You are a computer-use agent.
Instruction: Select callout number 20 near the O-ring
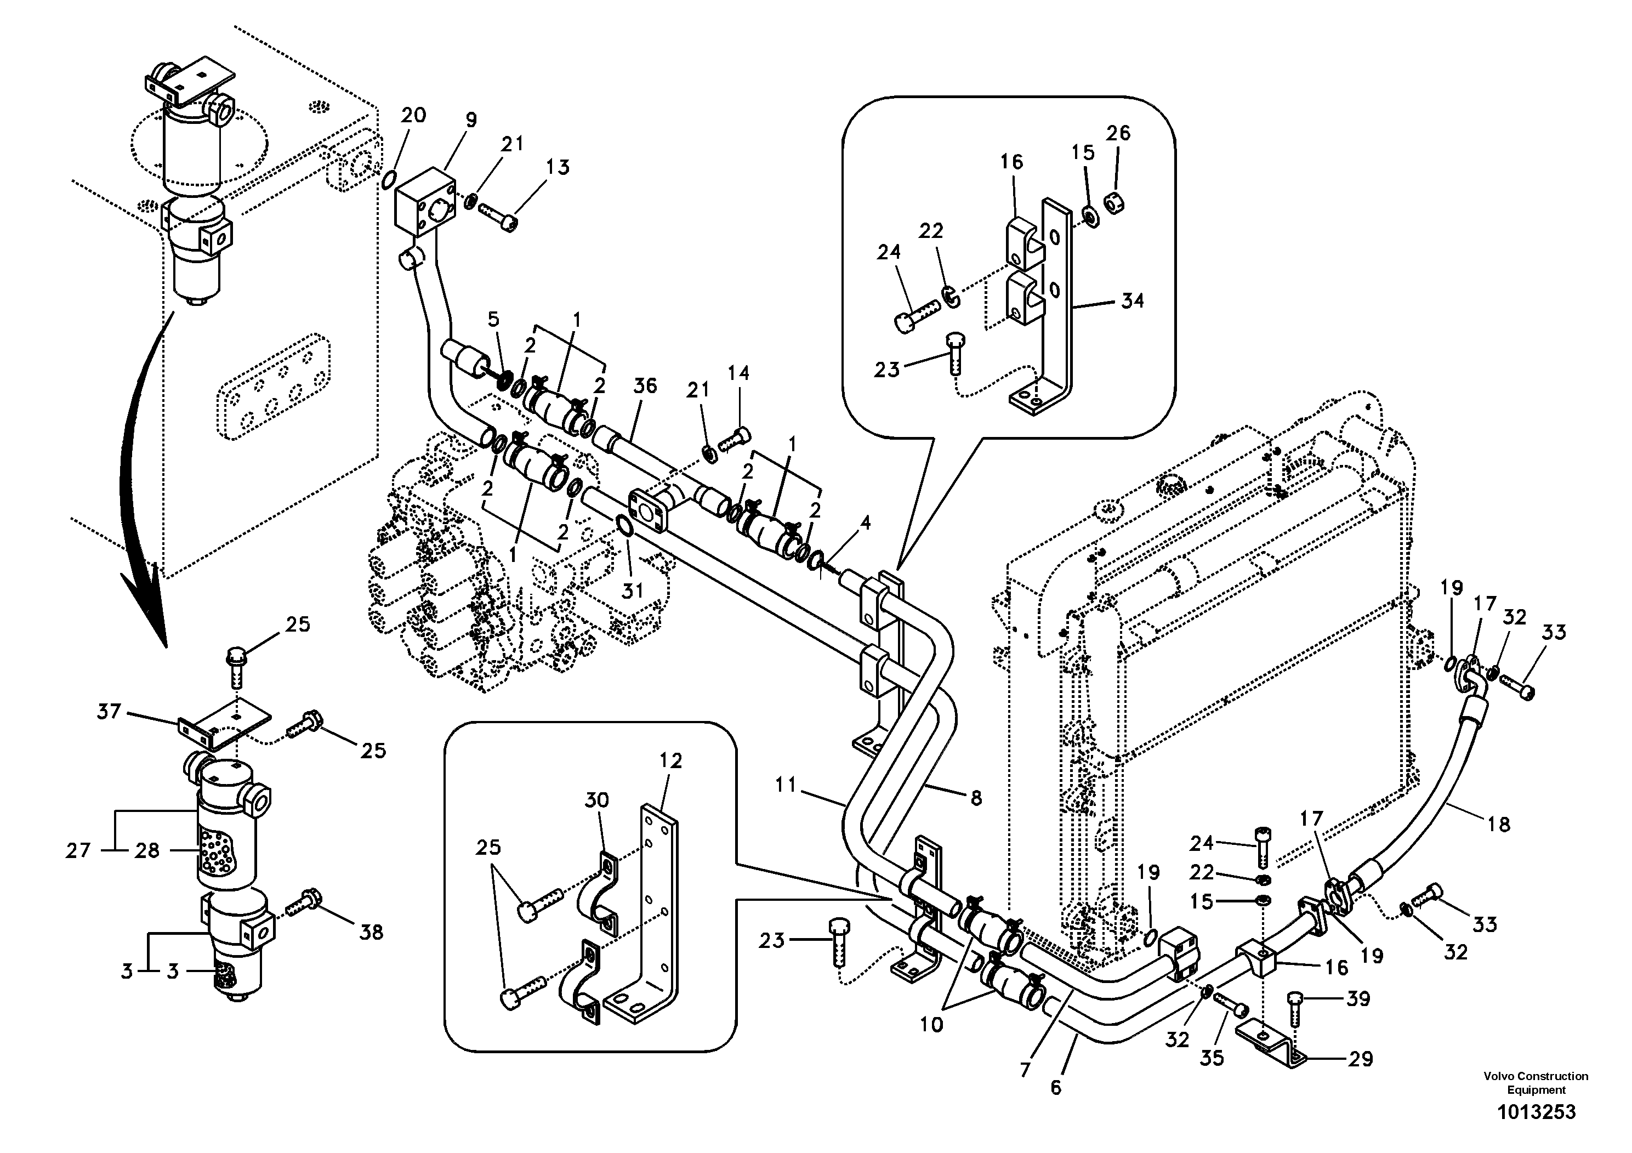pos(413,115)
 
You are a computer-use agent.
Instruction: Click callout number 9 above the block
pos(471,120)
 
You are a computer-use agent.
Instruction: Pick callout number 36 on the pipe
pos(645,386)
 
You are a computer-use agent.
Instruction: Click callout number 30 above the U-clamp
pos(596,800)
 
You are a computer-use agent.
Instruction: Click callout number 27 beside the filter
pos(78,850)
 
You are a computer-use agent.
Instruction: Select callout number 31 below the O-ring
pos(633,590)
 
